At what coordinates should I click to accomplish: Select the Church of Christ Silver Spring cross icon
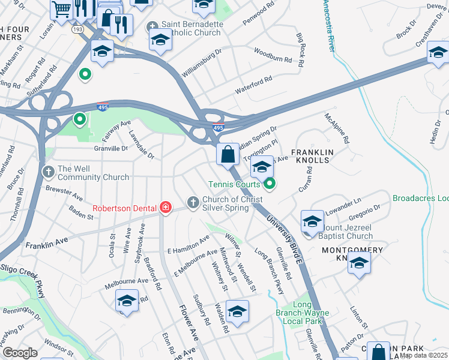tap(193, 202)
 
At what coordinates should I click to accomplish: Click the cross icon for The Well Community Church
tap(49, 172)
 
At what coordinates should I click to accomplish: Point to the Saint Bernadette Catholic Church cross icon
tap(152, 28)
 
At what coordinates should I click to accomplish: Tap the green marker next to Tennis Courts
tap(270, 184)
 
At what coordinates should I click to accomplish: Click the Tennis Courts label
tap(234, 184)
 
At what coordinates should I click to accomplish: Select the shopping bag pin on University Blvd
tap(228, 154)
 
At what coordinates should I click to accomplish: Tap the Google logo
tap(20, 353)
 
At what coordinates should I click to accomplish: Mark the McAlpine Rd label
tap(337, 128)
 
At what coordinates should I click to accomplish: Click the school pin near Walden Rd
tap(237, 312)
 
